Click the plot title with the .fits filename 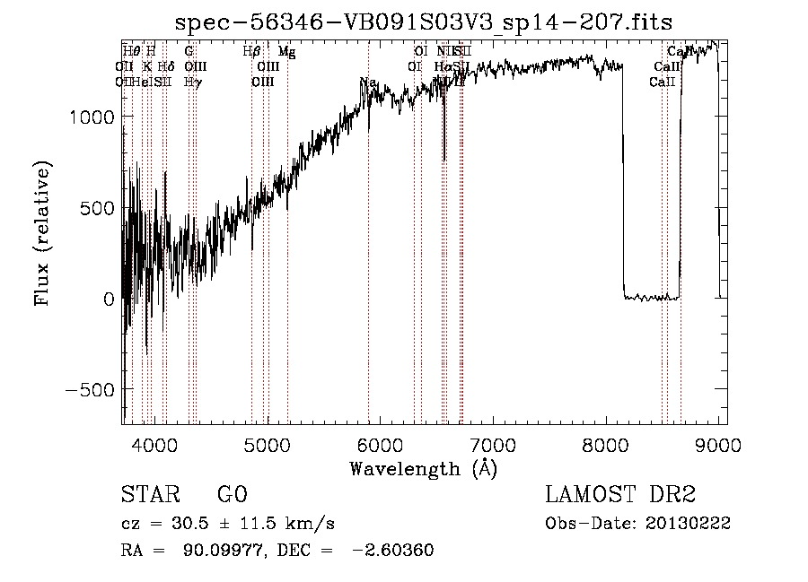point(424,22)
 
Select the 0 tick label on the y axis point(108,299)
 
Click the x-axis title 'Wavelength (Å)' point(424,468)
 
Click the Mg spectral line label point(286,52)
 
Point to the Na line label point(367,83)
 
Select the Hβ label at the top point(252,52)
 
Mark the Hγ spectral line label point(192,82)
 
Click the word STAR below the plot point(149,495)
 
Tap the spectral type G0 point(232,495)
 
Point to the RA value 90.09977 point(227,551)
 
